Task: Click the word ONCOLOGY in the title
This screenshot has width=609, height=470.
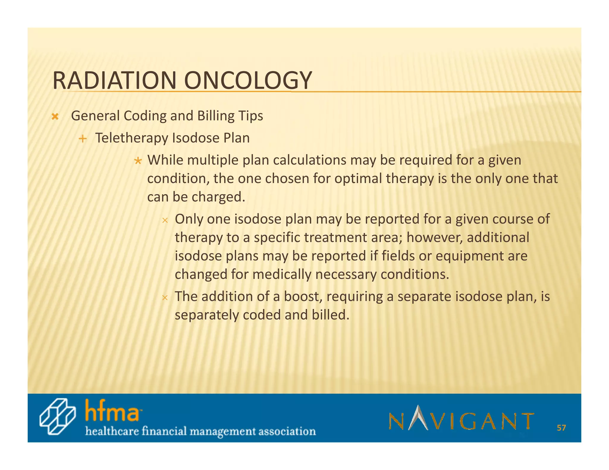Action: (248, 81)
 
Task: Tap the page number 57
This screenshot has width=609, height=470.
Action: (561, 428)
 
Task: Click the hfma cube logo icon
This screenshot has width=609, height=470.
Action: (57, 417)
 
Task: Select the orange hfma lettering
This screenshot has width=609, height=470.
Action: (112, 411)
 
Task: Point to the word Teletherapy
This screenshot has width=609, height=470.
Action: (131, 138)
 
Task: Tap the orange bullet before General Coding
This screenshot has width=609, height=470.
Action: (55, 116)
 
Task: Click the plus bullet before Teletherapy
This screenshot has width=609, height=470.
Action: (83, 139)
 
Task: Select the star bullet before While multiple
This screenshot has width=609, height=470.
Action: (138, 161)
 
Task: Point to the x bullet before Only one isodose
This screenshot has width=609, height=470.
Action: (165, 220)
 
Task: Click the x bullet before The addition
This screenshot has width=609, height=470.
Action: (165, 298)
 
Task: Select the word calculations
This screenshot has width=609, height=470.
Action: (310, 160)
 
